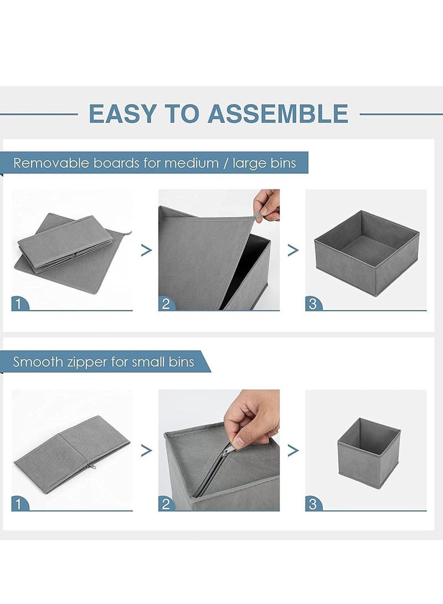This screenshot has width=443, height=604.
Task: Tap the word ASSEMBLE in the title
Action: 278,113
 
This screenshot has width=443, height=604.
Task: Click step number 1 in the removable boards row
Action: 18,304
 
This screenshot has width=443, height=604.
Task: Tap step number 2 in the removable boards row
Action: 166,304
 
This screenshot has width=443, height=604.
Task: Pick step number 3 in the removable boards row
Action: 312,304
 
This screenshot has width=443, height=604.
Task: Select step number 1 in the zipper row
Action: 18,504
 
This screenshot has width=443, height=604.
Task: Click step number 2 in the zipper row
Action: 166,504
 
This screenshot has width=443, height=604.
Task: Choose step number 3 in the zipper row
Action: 312,504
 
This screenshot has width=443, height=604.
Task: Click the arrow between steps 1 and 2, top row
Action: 146,250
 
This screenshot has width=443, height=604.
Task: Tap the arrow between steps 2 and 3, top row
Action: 293,250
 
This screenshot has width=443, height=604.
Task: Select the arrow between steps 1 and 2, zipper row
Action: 146,450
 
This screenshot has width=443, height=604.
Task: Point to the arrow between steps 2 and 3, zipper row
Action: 293,450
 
